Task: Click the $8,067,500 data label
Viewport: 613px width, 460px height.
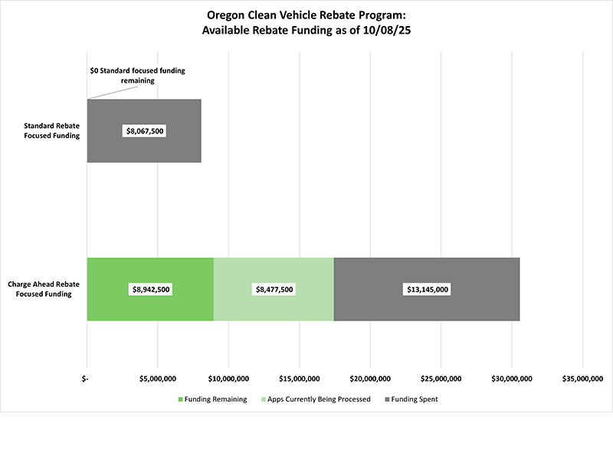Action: pyautogui.click(x=144, y=131)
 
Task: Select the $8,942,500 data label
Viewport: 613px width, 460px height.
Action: pyautogui.click(x=150, y=289)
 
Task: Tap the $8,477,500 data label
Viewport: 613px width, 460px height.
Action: pyautogui.click(x=274, y=289)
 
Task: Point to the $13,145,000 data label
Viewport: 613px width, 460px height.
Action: pyautogui.click(x=428, y=289)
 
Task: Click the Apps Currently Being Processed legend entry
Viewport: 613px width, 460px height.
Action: pyautogui.click(x=316, y=399)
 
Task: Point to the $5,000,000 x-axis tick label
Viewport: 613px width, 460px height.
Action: pyautogui.click(x=157, y=379)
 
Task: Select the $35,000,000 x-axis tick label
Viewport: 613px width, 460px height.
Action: pyautogui.click(x=583, y=379)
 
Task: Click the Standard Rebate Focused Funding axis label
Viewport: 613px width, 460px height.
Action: pyautogui.click(x=51, y=131)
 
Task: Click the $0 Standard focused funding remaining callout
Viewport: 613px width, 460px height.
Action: pyautogui.click(x=137, y=75)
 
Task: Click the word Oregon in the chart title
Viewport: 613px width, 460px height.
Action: pyautogui.click(x=226, y=14)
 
